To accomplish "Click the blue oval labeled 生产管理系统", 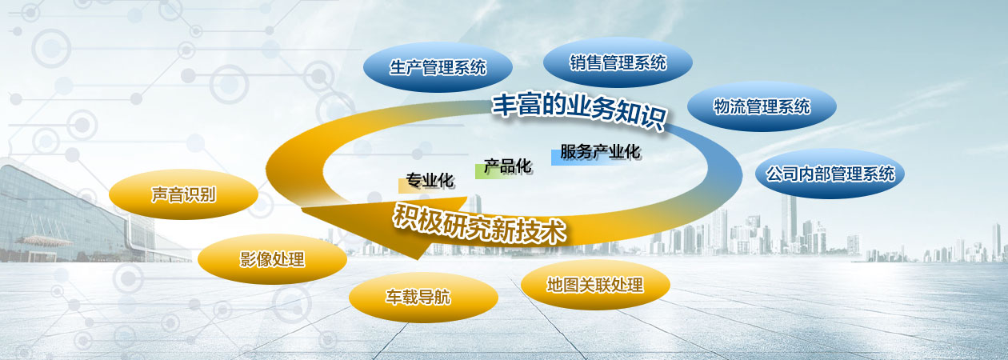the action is pos(438,67).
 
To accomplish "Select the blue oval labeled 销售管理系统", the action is pos(618,62).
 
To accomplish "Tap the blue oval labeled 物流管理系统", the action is pos(762,106).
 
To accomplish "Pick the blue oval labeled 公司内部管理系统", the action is pos(830,174).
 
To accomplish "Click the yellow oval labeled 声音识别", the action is pos(184,194).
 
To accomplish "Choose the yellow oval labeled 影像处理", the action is pos(272,259).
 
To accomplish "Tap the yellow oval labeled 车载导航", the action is pos(423,298).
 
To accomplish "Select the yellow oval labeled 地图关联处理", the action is pos(595,285).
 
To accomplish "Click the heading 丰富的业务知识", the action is pos(579,111).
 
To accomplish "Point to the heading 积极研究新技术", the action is pos(480,224).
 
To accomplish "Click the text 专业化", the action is pos(430,180).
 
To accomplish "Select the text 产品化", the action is pos(508,166).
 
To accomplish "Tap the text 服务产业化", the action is pos(600,152).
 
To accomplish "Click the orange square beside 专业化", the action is pos(403,186).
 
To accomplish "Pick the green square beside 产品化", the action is pos(480,171).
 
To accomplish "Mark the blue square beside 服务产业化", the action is pos(557,158).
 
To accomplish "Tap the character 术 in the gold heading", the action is pos(553,233).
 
